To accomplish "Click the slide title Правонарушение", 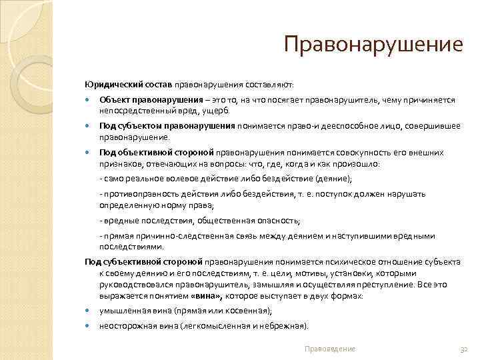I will (x=373, y=45).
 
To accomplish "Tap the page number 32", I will (x=465, y=349).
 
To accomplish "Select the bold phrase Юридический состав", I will (x=129, y=85).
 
